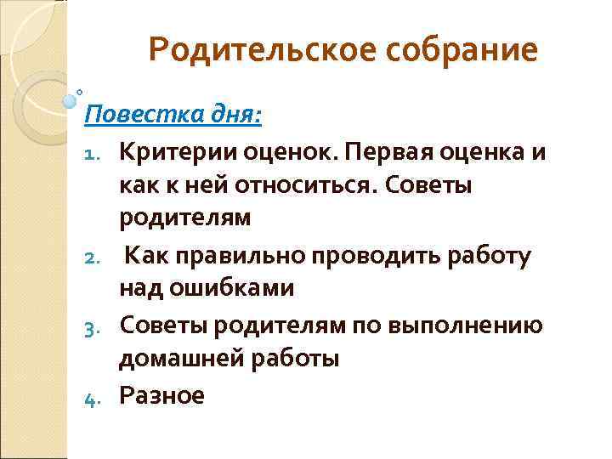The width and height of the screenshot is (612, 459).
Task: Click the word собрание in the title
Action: pos(463,50)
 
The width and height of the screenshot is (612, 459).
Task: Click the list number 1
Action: pos(98,153)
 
